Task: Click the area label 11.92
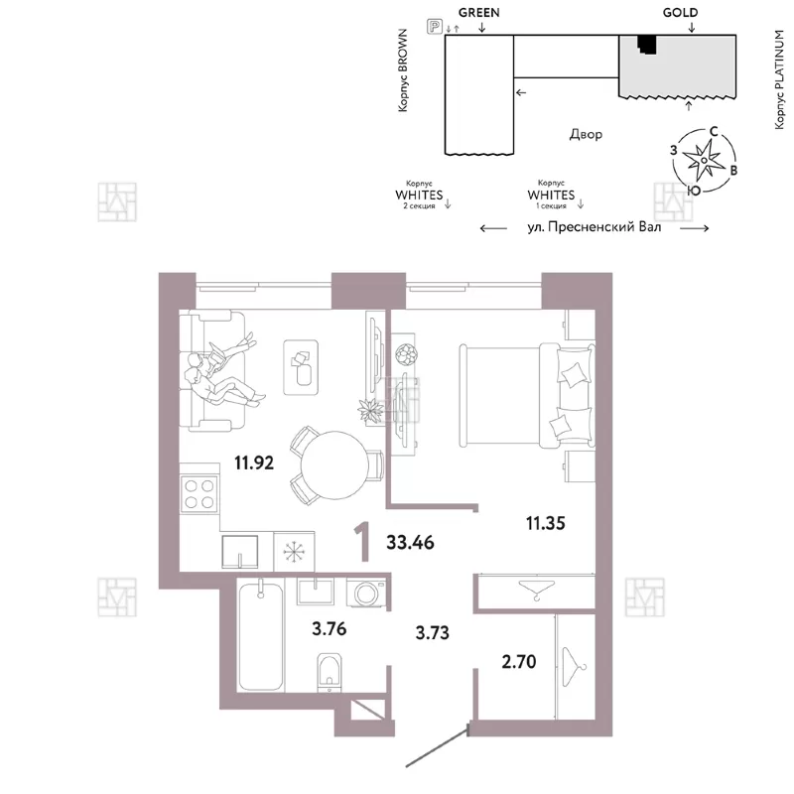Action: coord(254,463)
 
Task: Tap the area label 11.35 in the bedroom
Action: coord(545,523)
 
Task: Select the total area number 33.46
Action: coord(410,542)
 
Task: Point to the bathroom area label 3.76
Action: coord(330,628)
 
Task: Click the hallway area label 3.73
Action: coord(433,632)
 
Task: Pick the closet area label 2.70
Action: coord(519,661)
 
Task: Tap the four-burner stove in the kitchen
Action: coord(199,493)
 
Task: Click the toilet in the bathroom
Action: coord(330,672)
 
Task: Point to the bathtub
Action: coord(261,635)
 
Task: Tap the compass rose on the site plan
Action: coord(704,161)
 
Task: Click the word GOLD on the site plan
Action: coord(680,12)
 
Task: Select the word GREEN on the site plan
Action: coord(479,12)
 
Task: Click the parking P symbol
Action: coord(435,27)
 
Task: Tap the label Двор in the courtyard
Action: coord(586,134)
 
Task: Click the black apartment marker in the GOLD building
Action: coord(647,44)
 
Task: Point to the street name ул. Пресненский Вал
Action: coord(594,227)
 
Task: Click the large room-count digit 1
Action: coord(362,543)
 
